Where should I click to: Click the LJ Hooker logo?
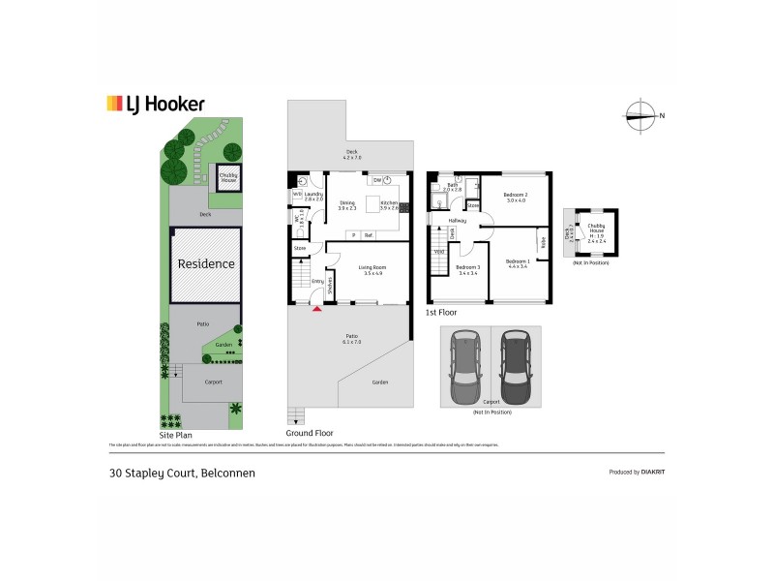click(x=155, y=104)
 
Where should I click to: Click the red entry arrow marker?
click(x=315, y=308)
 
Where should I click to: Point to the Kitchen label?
click(x=389, y=203)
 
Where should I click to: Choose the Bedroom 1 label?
click(x=516, y=262)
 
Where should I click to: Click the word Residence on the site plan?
click(x=205, y=263)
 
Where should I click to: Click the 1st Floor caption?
click(x=441, y=314)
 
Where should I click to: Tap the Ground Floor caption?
click(x=311, y=433)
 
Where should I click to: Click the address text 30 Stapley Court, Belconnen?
click(x=182, y=474)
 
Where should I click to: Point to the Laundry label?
click(x=313, y=196)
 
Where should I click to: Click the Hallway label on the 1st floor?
click(x=457, y=221)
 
